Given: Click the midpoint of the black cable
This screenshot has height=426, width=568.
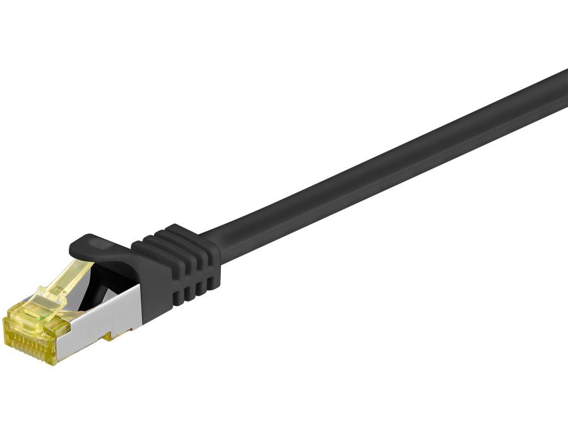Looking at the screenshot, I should pos(391,164).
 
